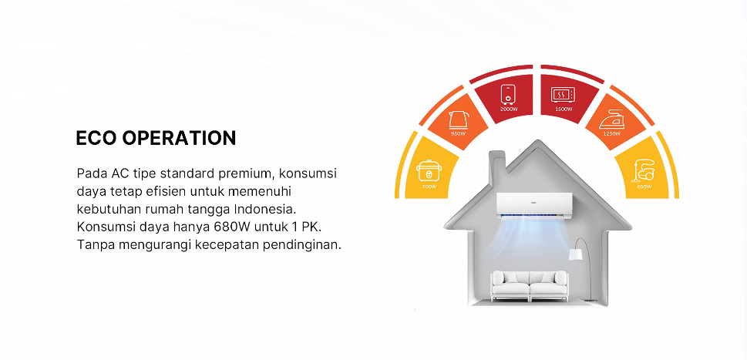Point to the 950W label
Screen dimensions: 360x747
458,134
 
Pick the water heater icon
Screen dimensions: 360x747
508,95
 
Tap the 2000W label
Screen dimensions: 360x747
508,109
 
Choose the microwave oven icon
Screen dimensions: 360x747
562,95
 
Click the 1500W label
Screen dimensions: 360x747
563,109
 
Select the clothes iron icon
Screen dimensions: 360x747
611,119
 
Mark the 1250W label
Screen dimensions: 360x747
611,134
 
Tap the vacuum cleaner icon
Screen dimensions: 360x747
642,170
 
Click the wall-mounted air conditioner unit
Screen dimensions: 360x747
534,204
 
